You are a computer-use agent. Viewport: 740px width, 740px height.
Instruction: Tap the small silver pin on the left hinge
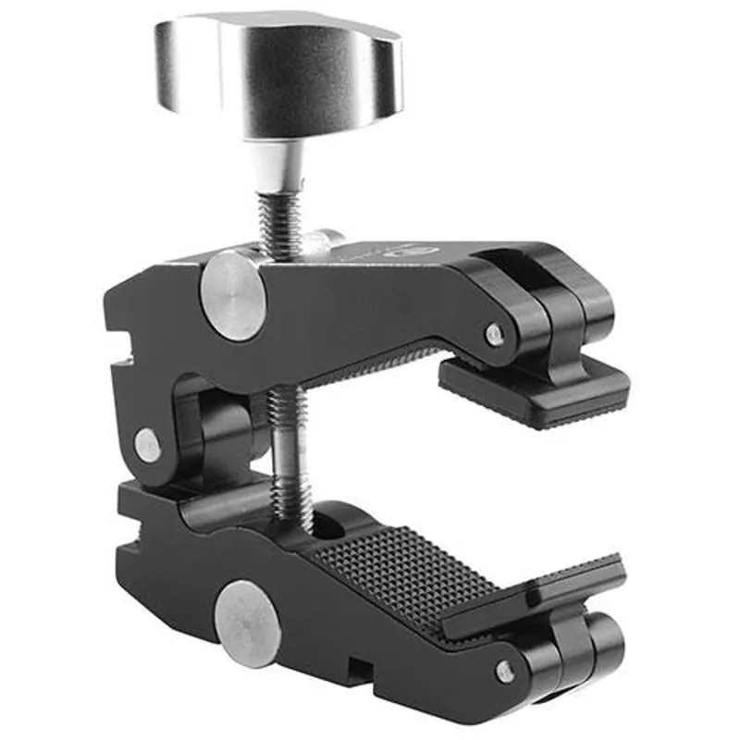pyautogui.click(x=147, y=444)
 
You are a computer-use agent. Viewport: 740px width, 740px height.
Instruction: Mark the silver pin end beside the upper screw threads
pyautogui.click(x=324, y=240)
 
